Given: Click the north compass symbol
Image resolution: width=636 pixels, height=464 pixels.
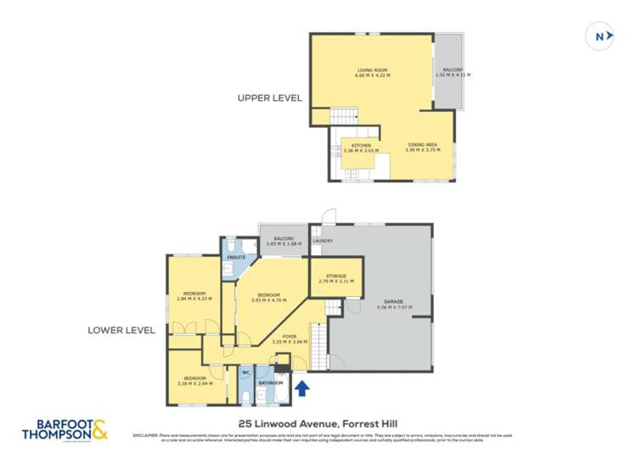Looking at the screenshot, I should point(601,36).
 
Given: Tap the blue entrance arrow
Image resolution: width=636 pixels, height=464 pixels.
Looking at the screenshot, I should point(301,388).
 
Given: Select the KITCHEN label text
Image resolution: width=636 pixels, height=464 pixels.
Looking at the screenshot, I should point(362,146).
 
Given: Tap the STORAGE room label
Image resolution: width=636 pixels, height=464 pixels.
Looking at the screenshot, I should point(336,277).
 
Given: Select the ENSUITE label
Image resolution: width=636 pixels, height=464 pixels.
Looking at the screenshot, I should point(236,257).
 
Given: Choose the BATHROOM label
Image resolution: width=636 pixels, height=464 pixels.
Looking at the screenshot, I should point(271,383).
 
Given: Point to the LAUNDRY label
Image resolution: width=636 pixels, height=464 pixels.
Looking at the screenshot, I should point(323,242).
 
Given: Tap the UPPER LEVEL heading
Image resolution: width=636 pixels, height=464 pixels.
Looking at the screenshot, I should point(270,98).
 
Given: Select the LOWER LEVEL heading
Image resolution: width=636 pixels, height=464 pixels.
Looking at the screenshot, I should point(121,331).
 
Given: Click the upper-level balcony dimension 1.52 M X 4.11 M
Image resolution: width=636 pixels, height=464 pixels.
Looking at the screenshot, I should point(453,75).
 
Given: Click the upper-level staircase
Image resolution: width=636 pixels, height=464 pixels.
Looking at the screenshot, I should point(344,116).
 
